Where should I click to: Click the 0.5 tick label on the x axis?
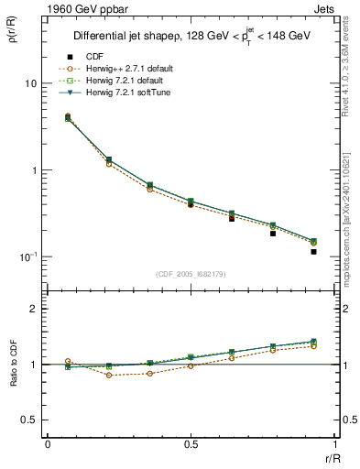coord(191,444)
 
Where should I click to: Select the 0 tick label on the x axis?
coord(48,444)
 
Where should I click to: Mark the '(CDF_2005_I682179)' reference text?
coord(191,274)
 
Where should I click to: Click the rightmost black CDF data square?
coord(313,251)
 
